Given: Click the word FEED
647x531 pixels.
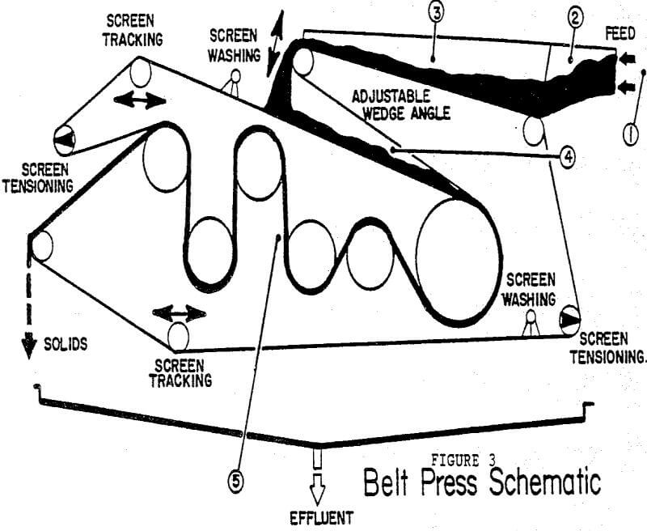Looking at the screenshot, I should [x=620, y=36].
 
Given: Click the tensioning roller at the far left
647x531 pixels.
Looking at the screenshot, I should [x=65, y=140].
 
